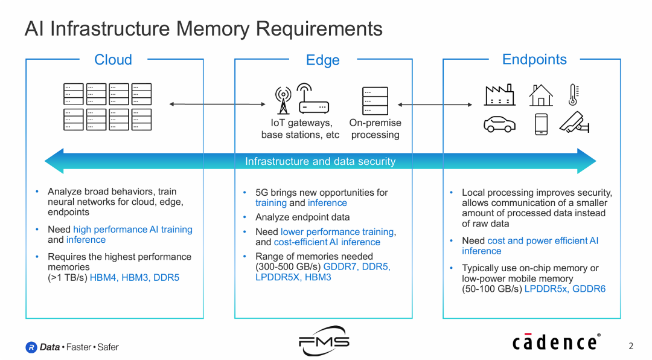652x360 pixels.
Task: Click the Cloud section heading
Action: point(113,60)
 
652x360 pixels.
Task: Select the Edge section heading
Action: point(322,60)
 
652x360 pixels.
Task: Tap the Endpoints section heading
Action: point(534,59)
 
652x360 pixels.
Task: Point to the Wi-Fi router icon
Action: point(313,99)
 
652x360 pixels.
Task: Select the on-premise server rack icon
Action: point(375,101)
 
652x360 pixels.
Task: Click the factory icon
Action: point(499,95)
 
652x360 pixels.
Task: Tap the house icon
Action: point(540,95)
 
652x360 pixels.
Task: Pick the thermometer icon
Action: point(574,95)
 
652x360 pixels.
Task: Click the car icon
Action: point(499,124)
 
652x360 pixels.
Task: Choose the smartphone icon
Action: point(540,124)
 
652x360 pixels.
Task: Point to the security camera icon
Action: point(574,123)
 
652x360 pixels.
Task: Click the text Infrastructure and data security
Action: point(320,161)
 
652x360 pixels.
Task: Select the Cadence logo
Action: point(556,342)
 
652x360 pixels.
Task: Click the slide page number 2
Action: point(631,346)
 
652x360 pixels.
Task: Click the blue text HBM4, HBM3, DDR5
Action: point(135,278)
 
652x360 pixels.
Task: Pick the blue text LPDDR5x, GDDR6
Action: point(564,289)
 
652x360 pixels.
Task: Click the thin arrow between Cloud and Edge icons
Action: point(217,104)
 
